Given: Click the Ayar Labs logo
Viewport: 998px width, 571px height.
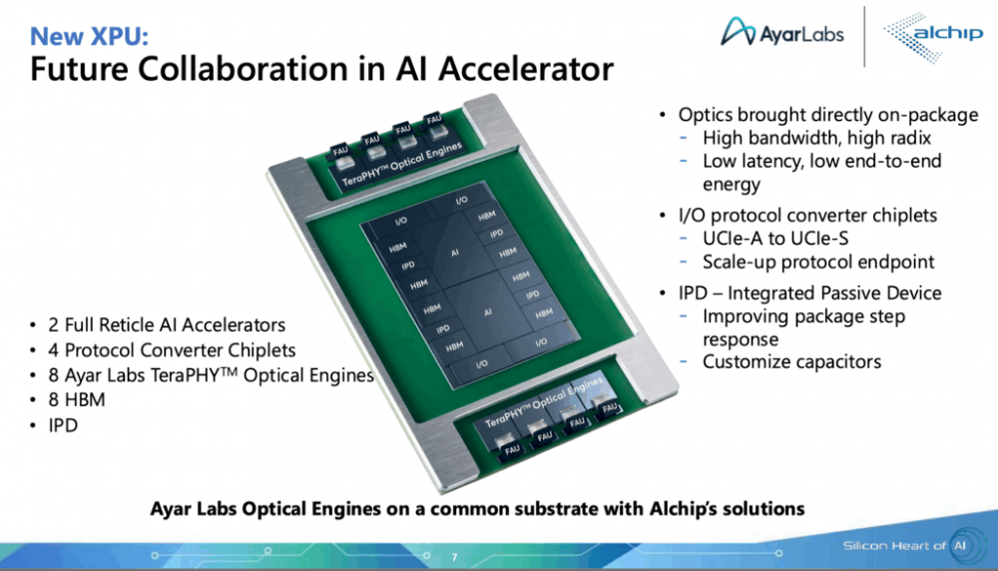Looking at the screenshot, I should click(782, 34).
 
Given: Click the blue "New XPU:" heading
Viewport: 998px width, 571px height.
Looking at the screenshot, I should click(90, 37).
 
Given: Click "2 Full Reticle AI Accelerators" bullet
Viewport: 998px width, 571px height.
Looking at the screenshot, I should click(166, 325).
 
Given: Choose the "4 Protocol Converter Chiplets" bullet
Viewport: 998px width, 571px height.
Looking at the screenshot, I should click(172, 350).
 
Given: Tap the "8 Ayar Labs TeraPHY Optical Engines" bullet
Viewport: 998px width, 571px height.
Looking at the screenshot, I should click(210, 376).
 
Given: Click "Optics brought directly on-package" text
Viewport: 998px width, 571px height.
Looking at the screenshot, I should click(827, 115).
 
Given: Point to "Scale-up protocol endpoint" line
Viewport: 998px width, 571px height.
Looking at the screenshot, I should click(818, 263).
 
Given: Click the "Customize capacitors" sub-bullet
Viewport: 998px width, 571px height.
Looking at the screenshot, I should click(791, 361).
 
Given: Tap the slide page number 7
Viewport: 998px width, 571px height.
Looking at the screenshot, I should click(454, 557).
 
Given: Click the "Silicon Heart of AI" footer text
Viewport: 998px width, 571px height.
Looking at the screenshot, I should click(904, 546).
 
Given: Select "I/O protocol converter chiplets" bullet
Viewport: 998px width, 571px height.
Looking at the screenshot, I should click(807, 216).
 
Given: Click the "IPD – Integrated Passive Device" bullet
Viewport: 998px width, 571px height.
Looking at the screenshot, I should click(809, 293).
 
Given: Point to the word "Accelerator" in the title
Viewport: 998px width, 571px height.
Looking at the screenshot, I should click(528, 70).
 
